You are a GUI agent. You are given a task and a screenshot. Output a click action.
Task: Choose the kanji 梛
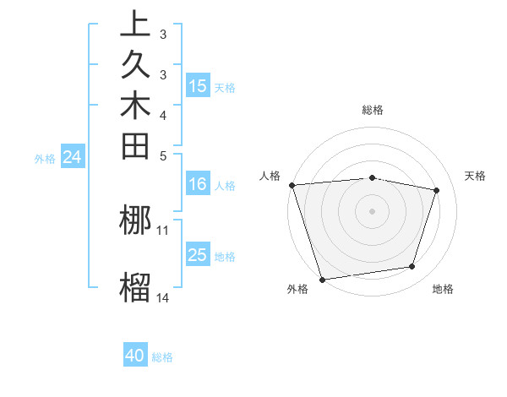point(134,221)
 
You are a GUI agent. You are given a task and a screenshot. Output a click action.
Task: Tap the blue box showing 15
point(198,85)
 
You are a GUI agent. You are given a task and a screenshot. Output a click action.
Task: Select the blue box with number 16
point(198,184)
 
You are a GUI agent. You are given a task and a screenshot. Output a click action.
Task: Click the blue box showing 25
point(198,254)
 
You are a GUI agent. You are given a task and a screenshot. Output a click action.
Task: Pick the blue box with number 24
point(73,156)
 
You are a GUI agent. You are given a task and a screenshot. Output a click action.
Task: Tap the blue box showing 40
point(135,356)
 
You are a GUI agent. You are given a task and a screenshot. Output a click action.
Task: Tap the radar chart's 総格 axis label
point(373,110)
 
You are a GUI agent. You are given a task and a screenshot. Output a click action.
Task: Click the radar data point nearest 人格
point(292,185)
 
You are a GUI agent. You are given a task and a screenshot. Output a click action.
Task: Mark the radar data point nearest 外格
point(323,279)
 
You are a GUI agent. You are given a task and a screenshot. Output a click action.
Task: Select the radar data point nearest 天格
point(437,190)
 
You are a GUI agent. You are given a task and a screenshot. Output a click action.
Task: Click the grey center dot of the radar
point(373,211)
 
